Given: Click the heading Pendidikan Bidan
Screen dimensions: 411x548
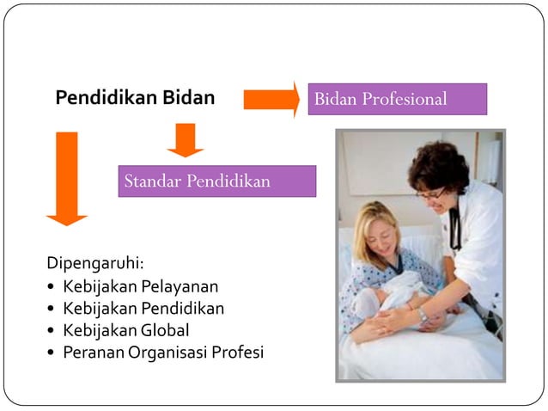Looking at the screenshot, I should (x=135, y=98).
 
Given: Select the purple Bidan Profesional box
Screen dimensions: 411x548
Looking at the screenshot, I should (x=398, y=99).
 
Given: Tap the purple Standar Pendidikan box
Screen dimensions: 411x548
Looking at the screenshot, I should (x=216, y=181).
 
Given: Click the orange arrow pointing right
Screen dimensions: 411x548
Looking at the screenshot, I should (x=271, y=99).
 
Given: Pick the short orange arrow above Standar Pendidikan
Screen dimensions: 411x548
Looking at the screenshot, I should (x=185, y=139).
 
